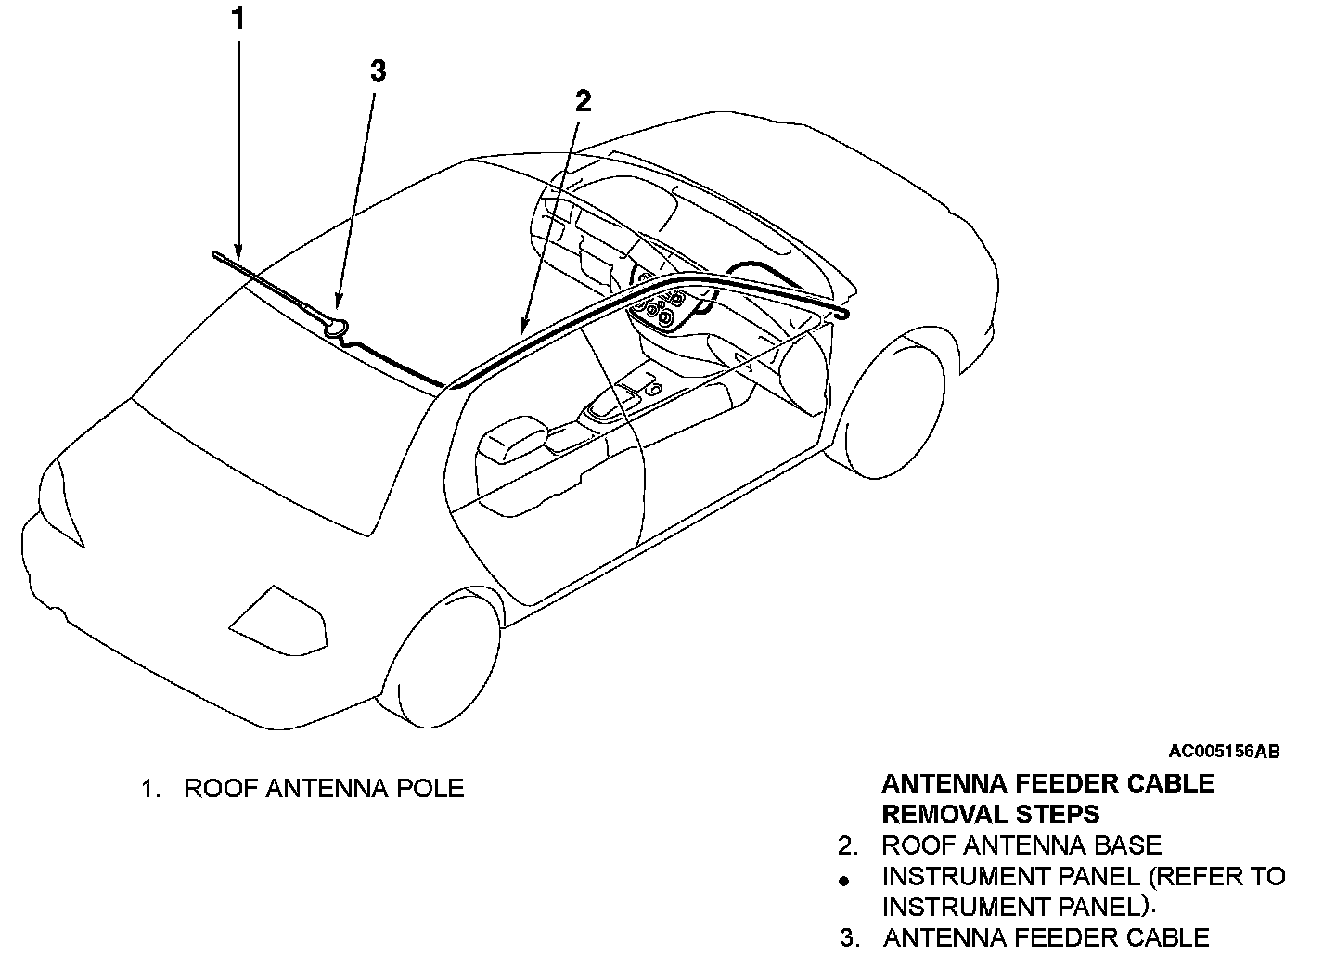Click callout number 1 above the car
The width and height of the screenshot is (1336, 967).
238,19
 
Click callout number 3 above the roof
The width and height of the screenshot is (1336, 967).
378,71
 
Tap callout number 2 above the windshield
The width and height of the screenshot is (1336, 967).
583,101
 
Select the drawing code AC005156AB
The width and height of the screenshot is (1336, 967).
1224,752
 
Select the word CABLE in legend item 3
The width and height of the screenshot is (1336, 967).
1168,938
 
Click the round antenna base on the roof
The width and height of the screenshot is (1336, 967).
336,326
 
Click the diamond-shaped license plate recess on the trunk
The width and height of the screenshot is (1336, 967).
278,617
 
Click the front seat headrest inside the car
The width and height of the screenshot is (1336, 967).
510,438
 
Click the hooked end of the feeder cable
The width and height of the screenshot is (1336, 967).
841,315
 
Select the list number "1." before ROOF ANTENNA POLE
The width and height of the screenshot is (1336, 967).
151,789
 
